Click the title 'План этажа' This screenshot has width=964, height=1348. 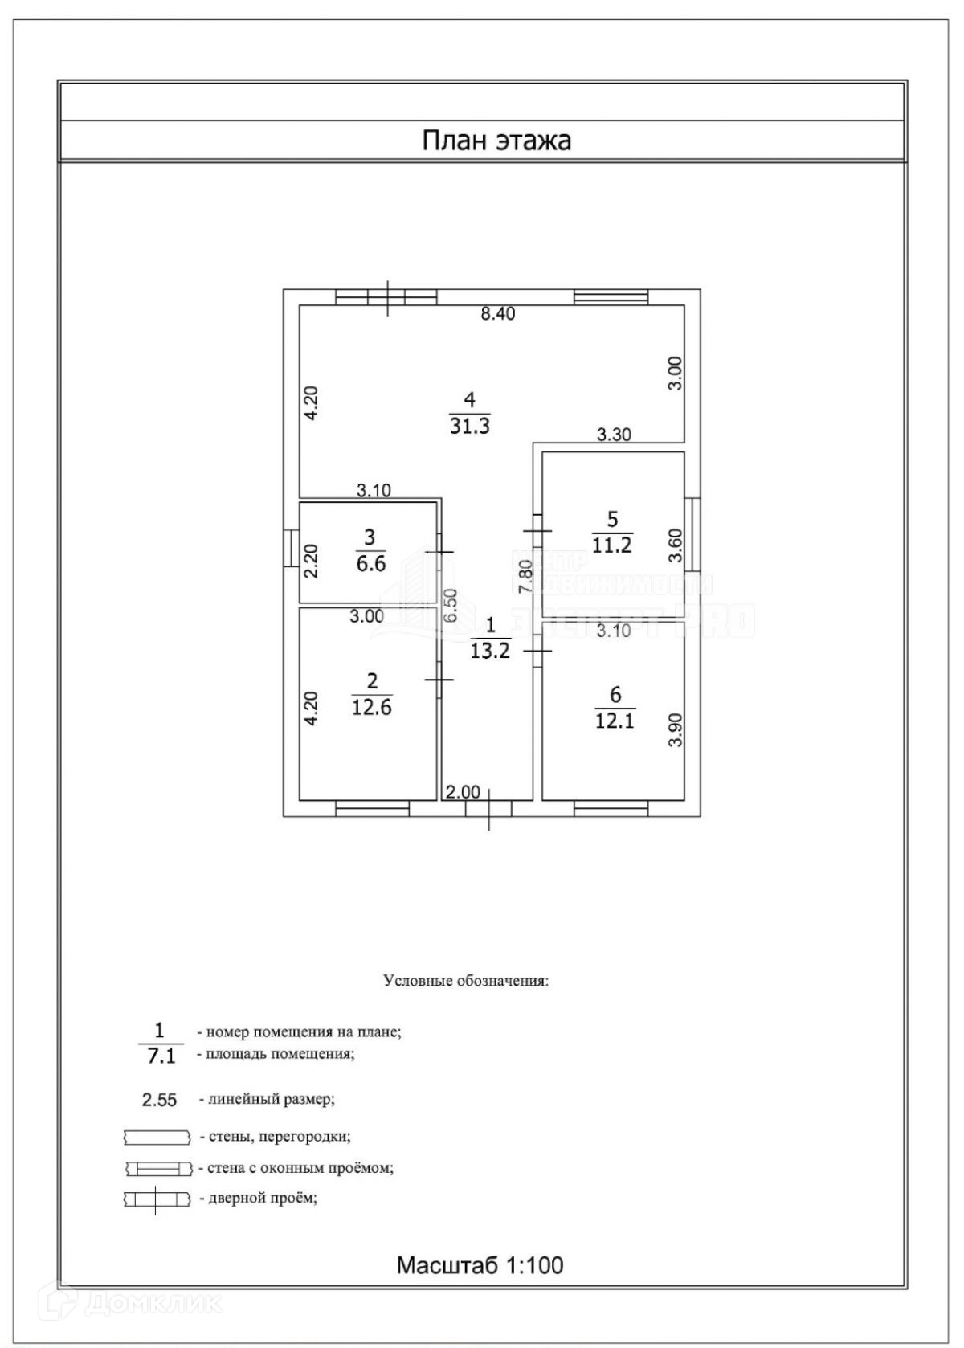[x=496, y=141]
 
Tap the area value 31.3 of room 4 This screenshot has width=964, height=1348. [x=469, y=427]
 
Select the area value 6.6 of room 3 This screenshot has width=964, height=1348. [x=370, y=563]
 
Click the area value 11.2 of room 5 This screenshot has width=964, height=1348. [x=612, y=545]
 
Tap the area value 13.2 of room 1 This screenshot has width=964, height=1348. [x=490, y=651]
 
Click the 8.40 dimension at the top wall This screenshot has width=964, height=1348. [x=497, y=314]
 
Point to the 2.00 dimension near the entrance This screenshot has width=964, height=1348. [x=463, y=793]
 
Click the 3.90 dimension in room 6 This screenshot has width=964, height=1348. [x=676, y=730]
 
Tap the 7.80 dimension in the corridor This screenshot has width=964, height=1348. [x=525, y=577]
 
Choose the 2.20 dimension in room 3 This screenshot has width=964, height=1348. [x=312, y=562]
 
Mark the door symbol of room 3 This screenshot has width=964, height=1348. [x=439, y=552]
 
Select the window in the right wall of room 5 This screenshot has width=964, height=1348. [x=694, y=532]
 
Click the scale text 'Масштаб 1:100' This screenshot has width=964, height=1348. [x=480, y=1265]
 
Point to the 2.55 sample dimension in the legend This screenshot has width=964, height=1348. [x=159, y=1100]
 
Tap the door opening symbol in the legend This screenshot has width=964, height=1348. [x=157, y=1199]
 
